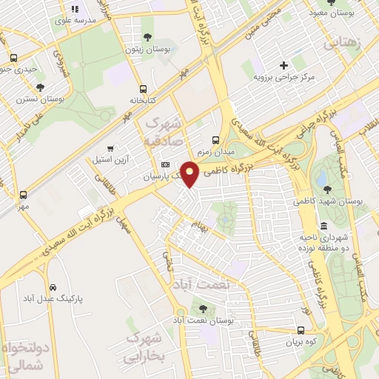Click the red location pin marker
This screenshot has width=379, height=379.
click(189, 173)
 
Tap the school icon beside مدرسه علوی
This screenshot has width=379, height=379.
click(74, 10)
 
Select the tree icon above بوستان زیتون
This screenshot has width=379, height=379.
click(147, 37)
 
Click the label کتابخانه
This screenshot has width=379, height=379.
click(144, 99)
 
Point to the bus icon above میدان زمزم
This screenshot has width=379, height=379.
click(215, 139)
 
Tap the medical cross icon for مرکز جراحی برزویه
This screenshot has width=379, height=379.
click(284, 66)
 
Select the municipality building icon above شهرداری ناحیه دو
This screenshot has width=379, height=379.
click(323, 226)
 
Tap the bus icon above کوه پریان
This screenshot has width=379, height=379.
click(301, 330)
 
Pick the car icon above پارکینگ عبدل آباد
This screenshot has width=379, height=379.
click(53, 287)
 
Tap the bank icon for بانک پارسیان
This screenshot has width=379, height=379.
click(164, 164)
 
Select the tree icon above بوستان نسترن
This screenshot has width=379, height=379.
click(40, 87)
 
